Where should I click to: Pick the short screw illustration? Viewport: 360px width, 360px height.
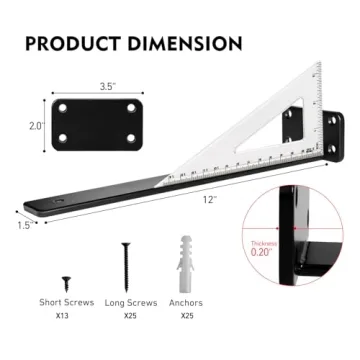pyautogui.click(x=67, y=283)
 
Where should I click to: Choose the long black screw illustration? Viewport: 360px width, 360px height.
pyautogui.click(x=126, y=266)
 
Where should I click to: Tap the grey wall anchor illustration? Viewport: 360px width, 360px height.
pyautogui.click(x=182, y=266)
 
